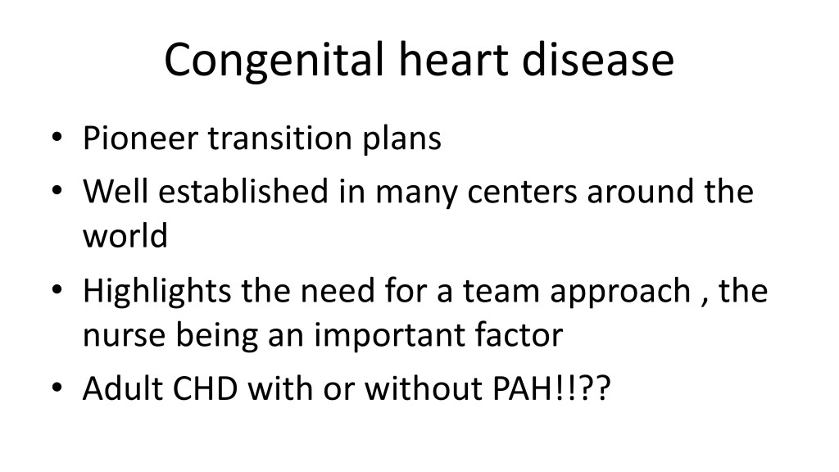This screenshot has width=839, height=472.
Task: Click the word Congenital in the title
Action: pyautogui.click(x=274, y=61)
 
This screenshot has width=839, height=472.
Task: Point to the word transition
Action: pyautogui.click(x=280, y=138)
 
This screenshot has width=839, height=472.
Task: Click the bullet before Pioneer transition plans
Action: pyautogui.click(x=57, y=138)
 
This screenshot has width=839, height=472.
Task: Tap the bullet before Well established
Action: pyautogui.click(x=57, y=190)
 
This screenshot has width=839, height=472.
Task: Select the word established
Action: pyautogui.click(x=243, y=190)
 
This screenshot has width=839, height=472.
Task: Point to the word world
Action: pyautogui.click(x=125, y=235)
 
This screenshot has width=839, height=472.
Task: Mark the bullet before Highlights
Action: pyautogui.click(x=57, y=289)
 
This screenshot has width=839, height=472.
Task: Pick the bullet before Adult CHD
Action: pyautogui.click(x=57, y=388)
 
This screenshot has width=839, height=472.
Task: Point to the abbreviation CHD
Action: pyautogui.click(x=206, y=388)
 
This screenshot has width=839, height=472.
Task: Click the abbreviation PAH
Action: pyautogui.click(x=522, y=388)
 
